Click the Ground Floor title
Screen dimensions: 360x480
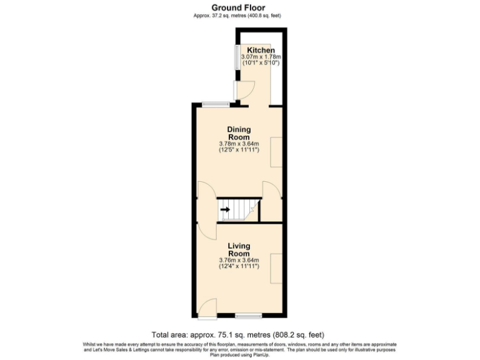tap(239, 7)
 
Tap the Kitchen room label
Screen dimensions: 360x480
tap(261, 50)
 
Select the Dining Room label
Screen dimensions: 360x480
tap(239, 133)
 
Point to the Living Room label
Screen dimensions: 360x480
tap(239, 250)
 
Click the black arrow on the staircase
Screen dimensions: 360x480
tap(225, 209)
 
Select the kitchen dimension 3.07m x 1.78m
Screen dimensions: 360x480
tap(261, 57)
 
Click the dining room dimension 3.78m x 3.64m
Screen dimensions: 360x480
tap(239, 144)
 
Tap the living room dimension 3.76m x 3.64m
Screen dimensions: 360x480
tap(239, 261)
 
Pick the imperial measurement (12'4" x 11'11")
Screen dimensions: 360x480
tap(239, 267)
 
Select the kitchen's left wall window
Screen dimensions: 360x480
tap(237, 57)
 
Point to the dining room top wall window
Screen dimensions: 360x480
tap(214, 104)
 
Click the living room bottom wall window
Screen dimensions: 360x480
tap(249, 314)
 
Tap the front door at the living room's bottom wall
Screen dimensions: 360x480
tap(209, 307)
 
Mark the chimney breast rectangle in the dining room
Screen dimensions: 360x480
tap(276, 152)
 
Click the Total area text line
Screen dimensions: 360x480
tap(238, 334)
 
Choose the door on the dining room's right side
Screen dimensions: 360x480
tap(270, 190)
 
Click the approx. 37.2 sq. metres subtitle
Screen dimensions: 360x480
tap(239, 16)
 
